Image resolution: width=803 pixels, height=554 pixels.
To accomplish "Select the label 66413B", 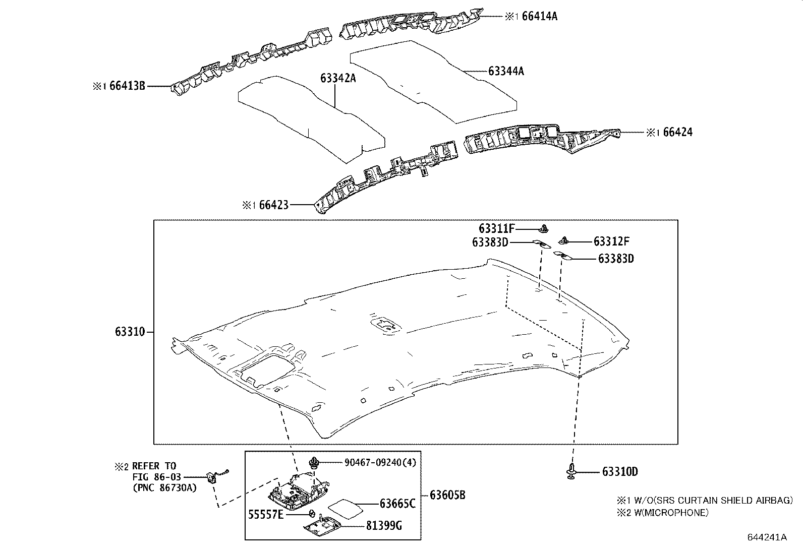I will [127, 86].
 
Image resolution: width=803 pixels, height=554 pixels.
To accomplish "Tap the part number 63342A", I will [338, 78].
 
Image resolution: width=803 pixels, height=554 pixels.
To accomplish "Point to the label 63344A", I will [506, 72].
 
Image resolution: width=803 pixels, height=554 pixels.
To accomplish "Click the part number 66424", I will [677, 133].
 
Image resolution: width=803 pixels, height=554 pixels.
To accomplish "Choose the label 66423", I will [273, 205].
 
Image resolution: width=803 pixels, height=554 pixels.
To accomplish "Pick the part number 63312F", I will [611, 241].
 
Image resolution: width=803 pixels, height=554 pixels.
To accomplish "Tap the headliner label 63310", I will [130, 332].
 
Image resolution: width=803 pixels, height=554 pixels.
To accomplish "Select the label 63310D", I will [620, 472].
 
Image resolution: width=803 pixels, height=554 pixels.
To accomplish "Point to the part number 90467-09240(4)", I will [380, 462].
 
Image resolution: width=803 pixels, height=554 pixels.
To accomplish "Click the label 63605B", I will [447, 496].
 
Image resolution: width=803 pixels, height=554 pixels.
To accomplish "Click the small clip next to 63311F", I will [544, 229].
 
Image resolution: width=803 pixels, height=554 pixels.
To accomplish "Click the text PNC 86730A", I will [165, 487].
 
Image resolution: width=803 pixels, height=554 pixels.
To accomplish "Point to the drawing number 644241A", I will [766, 537].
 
